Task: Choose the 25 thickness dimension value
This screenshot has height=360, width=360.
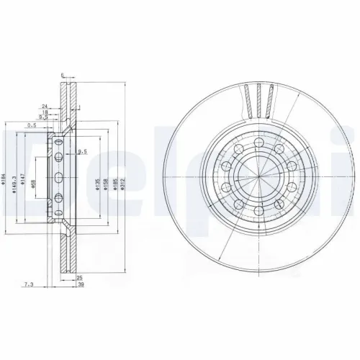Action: pos(79,277)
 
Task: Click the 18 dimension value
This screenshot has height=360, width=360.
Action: pos(45,113)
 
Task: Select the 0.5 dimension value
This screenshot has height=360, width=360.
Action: pos(32,125)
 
